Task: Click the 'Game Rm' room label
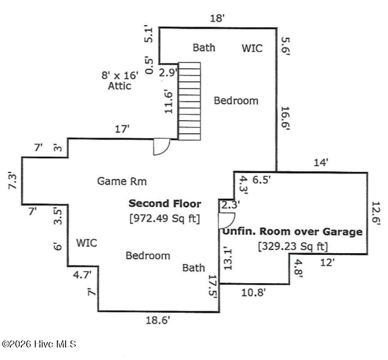tap(122, 181)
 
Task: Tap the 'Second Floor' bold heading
tap(165, 203)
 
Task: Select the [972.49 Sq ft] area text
tap(165, 219)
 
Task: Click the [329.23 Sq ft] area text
tap(293, 246)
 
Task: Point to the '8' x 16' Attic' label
tap(120, 80)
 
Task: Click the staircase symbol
tap(189, 101)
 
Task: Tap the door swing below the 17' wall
tap(162, 146)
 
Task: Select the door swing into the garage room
tap(225, 220)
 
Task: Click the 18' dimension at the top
tap(217, 18)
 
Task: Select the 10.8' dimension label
tap(254, 292)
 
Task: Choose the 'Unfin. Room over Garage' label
tap(293, 231)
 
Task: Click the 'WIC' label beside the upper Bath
tap(252, 48)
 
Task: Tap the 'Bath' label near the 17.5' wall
tap(194, 267)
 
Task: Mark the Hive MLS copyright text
tap(39, 344)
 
